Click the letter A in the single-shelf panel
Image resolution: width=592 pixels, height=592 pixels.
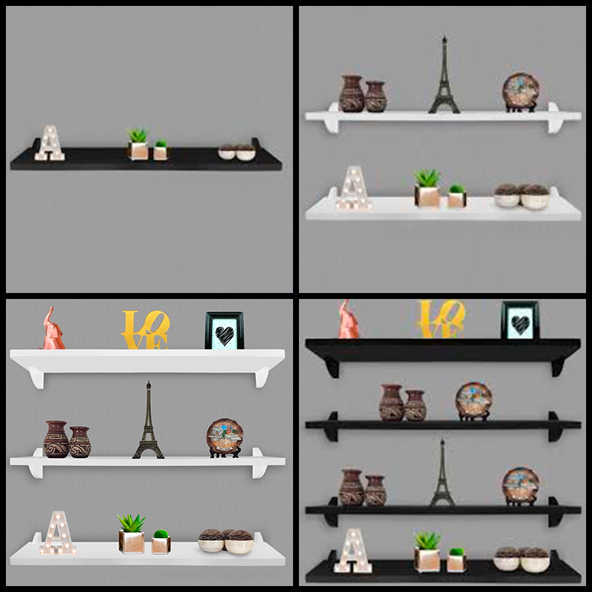50,143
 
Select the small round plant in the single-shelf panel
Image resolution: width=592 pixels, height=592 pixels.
161,149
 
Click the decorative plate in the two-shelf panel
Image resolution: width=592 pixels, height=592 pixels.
521,92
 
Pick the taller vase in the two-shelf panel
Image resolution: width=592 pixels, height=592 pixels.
352,94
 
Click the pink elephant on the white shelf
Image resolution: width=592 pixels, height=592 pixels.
52,329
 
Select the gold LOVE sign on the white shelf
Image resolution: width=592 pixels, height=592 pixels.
145,329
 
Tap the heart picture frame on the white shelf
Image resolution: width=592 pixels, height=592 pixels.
224,330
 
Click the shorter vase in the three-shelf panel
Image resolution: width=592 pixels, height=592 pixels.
80,442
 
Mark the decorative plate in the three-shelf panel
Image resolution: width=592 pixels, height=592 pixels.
225,438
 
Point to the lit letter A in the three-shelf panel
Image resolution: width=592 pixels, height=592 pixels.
58,533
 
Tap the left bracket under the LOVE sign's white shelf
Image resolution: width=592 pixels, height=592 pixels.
36,379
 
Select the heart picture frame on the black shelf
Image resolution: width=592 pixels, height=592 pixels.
520,320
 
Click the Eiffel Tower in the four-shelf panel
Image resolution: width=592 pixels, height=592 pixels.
443,472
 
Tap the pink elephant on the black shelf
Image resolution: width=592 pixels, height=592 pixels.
348,319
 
